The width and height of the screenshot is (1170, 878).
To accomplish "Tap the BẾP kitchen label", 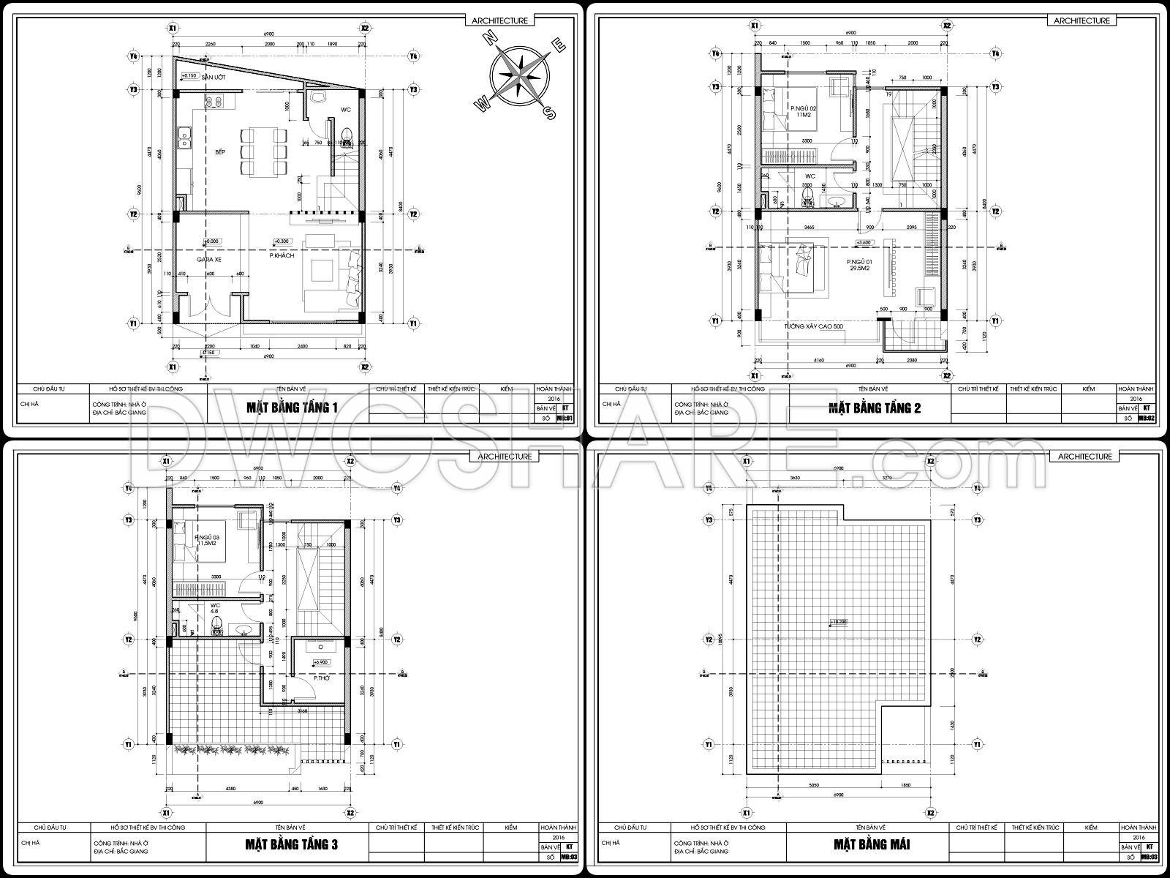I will click(219, 151).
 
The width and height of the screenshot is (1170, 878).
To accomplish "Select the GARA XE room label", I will click(208, 260).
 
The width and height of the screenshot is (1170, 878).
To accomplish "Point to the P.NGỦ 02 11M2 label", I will click(802, 111).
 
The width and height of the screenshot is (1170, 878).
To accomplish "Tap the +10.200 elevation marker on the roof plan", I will click(838, 623).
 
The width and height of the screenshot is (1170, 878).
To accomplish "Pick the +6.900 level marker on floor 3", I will click(320, 662).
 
